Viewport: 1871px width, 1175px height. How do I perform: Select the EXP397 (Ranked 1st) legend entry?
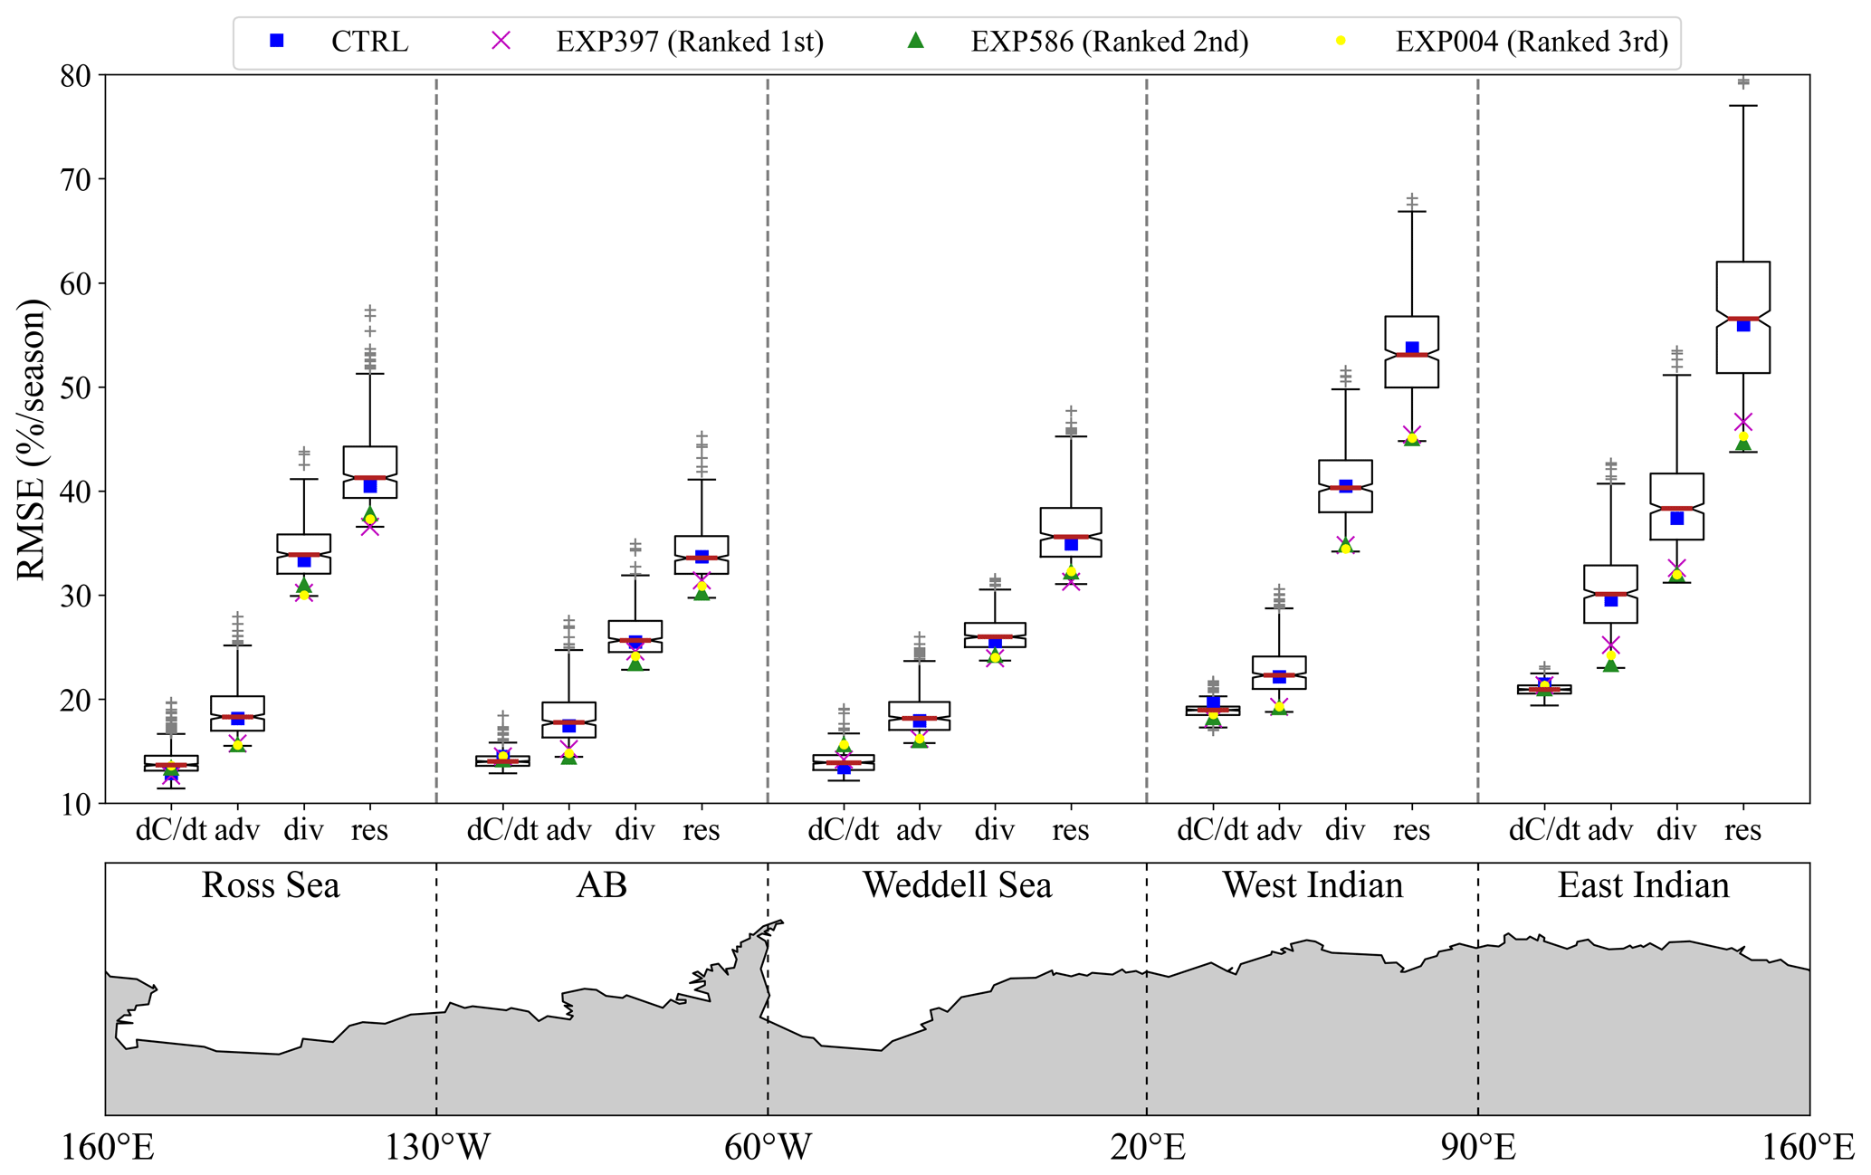(x=689, y=42)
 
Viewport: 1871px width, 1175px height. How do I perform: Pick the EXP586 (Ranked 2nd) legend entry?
(x=1109, y=42)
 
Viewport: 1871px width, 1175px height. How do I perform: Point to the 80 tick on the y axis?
(x=79, y=76)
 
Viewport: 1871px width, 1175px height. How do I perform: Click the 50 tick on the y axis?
(x=79, y=387)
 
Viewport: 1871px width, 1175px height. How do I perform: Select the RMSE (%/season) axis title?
(x=31, y=439)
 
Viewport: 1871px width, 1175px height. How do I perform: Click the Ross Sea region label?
(x=271, y=885)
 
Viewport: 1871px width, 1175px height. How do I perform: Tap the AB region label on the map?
(x=602, y=885)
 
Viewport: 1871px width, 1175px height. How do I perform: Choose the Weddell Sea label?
(x=957, y=885)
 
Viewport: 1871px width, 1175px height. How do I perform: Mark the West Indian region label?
(x=1313, y=885)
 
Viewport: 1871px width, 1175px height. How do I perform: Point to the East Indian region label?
(x=1643, y=885)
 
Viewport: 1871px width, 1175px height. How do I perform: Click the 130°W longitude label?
(x=437, y=1148)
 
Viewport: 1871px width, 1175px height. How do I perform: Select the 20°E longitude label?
(x=1148, y=1148)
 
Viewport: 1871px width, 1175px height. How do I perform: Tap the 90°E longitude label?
(x=1478, y=1148)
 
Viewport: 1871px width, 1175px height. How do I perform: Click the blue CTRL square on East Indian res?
(x=1743, y=325)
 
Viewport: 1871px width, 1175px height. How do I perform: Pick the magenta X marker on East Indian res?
(x=1743, y=423)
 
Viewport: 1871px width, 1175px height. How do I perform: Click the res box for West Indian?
(x=1412, y=352)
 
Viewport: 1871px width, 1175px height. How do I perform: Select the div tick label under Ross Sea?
(x=303, y=830)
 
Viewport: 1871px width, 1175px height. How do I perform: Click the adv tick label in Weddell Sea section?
(x=919, y=830)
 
